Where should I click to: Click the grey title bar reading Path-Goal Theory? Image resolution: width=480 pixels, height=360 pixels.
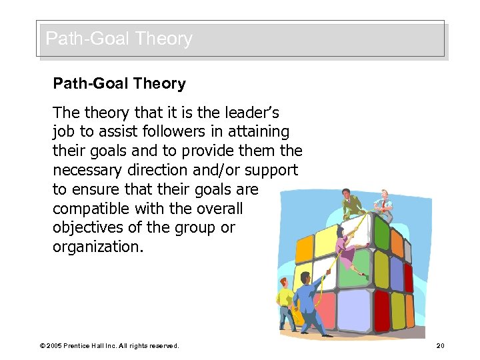(240, 39)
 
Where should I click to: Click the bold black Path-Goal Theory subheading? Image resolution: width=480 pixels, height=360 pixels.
(119, 84)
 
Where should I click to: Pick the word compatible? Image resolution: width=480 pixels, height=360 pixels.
(88, 208)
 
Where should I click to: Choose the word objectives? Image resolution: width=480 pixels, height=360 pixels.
(84, 227)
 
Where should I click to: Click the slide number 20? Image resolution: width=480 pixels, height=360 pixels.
(440, 345)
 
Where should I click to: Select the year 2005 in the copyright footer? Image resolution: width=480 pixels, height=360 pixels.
(56, 346)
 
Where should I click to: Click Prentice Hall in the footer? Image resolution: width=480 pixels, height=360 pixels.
(93, 346)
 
